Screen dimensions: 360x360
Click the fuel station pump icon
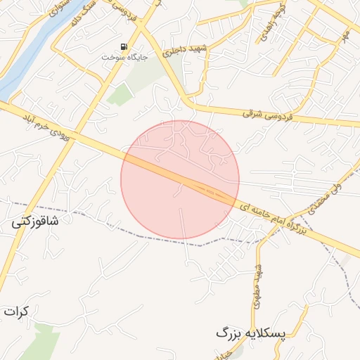(124, 47)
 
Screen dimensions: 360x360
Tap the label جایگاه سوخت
(124, 57)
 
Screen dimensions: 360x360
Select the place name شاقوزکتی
(35, 221)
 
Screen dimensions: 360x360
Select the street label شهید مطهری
(258, 285)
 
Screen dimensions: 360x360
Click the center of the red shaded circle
(180, 180)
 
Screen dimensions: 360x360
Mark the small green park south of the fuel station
(120, 94)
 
